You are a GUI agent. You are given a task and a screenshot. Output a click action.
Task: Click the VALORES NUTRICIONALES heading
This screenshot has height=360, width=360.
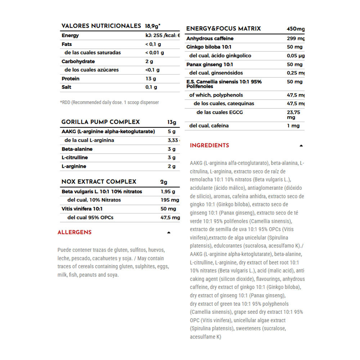[101, 26]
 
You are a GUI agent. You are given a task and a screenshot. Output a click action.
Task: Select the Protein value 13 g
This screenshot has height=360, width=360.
[150, 78]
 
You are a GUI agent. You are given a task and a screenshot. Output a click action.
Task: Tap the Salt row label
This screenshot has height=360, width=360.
[66, 87]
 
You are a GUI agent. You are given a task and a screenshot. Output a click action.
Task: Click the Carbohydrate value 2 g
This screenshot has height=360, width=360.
[149, 61]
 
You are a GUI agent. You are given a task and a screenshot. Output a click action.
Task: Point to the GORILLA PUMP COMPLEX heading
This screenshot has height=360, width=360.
[100, 122]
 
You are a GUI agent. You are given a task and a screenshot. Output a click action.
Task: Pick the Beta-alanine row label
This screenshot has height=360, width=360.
[77, 149]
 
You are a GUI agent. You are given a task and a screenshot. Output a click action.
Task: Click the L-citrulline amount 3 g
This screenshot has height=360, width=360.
[171, 158]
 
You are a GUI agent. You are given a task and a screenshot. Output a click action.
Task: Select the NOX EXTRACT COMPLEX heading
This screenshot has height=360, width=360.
[99, 182]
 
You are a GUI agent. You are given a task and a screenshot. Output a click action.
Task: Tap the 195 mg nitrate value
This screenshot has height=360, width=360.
[170, 200]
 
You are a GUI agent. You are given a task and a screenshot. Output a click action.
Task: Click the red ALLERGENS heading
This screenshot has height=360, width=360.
[75, 233]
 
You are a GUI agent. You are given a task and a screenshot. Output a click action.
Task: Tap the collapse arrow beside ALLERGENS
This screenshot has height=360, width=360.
[168, 233]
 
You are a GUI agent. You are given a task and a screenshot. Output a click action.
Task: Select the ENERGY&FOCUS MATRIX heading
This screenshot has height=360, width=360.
[223, 29]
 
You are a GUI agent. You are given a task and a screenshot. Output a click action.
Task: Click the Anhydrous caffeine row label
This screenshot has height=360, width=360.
[210, 39]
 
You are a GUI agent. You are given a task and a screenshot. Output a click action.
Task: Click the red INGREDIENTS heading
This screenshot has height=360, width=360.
[209, 145]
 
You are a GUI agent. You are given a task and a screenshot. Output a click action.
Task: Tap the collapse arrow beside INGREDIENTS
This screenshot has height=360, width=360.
[301, 146]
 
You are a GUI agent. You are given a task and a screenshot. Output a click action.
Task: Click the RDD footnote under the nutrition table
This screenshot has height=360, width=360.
[109, 103]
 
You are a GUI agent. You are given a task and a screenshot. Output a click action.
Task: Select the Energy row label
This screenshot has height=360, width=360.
[70, 35]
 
